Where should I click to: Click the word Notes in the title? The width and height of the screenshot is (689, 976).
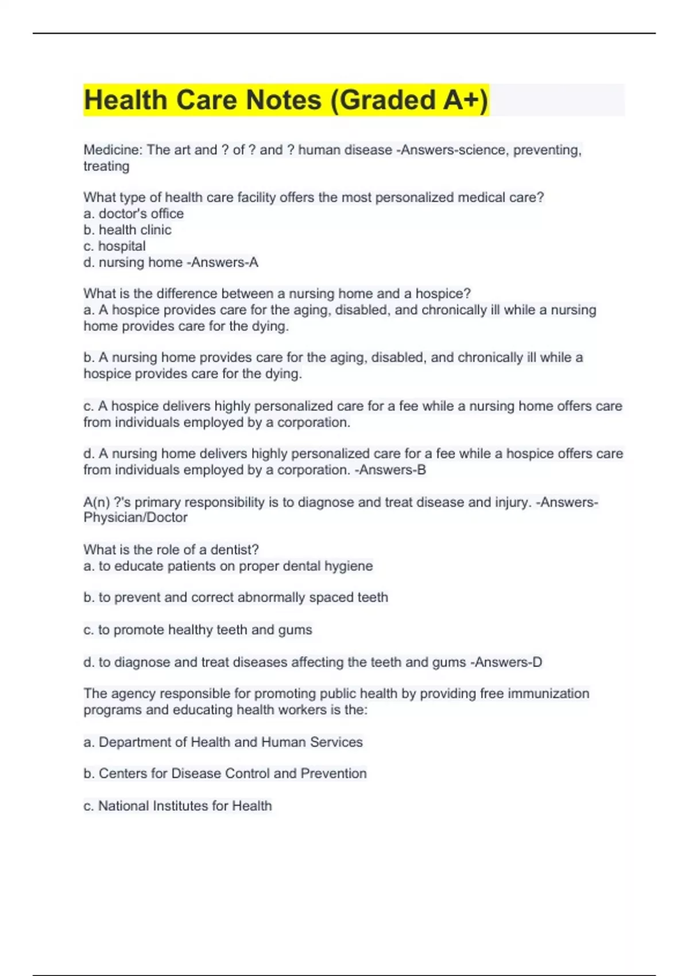pyautogui.click(x=284, y=100)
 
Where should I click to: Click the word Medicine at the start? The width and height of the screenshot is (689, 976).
pyautogui.click(x=113, y=150)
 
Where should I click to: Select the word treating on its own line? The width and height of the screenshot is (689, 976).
pyautogui.click(x=106, y=166)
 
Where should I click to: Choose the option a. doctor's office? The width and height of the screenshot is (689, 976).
pyautogui.click(x=134, y=214)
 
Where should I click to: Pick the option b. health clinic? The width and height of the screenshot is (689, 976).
pyautogui.click(x=127, y=230)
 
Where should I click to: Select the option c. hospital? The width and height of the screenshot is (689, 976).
pyautogui.click(x=115, y=246)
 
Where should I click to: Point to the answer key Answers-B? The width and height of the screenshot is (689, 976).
pyautogui.click(x=392, y=470)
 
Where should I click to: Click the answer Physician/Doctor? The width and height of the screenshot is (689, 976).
pyautogui.click(x=136, y=517)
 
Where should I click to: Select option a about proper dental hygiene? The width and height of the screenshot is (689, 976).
pyautogui.click(x=228, y=566)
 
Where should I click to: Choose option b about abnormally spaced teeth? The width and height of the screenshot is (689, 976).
pyautogui.click(x=235, y=597)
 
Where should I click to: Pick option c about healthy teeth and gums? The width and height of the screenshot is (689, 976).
pyautogui.click(x=198, y=630)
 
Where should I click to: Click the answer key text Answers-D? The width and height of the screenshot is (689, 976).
pyautogui.click(x=508, y=662)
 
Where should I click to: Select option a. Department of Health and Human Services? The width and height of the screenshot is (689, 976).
pyautogui.click(x=223, y=742)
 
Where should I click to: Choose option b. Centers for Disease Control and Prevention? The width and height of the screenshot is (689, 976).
pyautogui.click(x=225, y=773)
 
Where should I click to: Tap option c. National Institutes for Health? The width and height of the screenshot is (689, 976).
pyautogui.click(x=177, y=806)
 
